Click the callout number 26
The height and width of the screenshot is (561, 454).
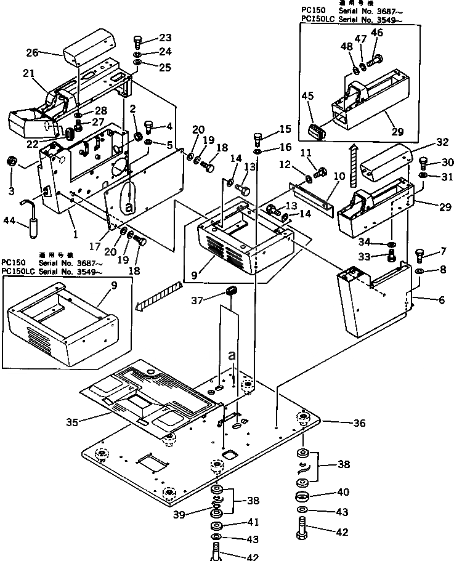[x=32, y=52]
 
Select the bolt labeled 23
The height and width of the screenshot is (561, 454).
[x=137, y=42]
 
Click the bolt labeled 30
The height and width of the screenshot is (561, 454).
[x=424, y=164]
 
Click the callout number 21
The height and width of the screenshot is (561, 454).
[x=28, y=73]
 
